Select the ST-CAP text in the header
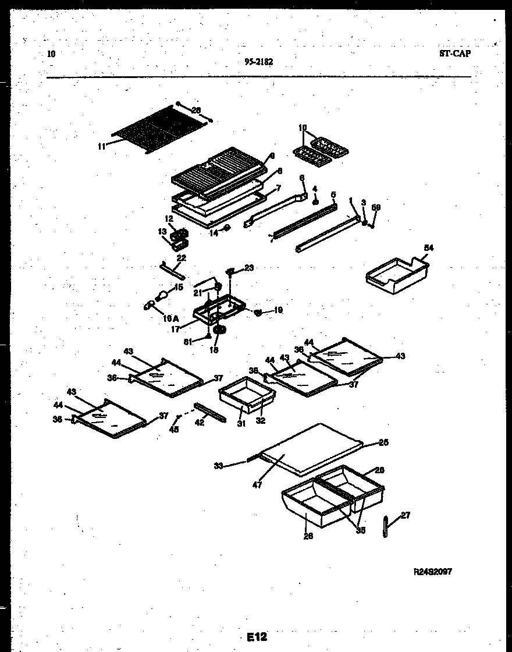[x=454, y=54]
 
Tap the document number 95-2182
[x=259, y=61]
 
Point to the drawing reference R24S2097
[x=432, y=572]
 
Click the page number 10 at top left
[x=51, y=54]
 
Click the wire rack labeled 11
[x=157, y=129]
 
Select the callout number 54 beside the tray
[x=429, y=248]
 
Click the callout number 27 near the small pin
[x=405, y=515]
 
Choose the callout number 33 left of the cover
[x=218, y=465]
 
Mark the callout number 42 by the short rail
[x=200, y=423]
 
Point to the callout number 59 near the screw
[x=376, y=207]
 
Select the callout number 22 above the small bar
[x=181, y=258]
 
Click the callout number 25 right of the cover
[x=383, y=442]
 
